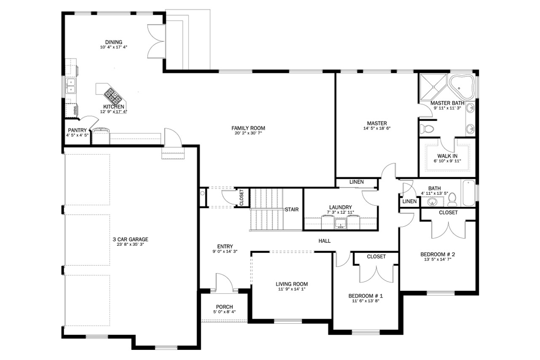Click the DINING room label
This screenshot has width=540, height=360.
point(113,42)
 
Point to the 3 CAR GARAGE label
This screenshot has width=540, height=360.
point(130,239)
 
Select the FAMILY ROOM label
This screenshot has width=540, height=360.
point(248,128)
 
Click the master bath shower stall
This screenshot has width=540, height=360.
point(433,86)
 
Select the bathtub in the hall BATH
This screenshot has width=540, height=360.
point(468,193)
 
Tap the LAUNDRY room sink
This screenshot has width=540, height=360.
point(340,223)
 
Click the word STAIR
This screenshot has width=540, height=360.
point(292,209)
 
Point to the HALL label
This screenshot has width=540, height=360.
point(324,241)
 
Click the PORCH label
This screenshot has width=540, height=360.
point(224,307)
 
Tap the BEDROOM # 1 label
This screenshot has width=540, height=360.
point(365,296)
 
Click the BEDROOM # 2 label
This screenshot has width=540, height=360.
point(437,254)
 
